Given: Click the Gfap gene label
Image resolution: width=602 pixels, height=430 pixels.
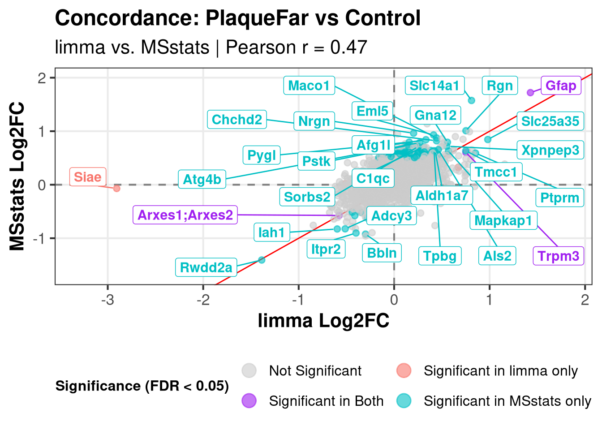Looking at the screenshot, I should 560,85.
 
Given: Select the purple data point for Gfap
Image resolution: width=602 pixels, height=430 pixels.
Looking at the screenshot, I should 530,92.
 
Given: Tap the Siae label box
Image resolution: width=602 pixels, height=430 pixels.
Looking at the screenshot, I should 88,177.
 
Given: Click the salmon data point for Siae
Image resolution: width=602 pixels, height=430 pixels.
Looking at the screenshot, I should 116,188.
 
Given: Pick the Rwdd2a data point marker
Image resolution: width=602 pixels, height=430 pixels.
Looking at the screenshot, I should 262,260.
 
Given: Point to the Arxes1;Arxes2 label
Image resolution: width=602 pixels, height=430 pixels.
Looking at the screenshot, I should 185,215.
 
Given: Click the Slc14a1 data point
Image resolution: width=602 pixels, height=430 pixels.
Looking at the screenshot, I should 471,100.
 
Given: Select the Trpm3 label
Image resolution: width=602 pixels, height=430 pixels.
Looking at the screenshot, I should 558,256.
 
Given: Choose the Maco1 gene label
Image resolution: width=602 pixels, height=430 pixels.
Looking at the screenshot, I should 309,85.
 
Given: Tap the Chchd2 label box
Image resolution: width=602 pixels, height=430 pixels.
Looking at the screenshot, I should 236,120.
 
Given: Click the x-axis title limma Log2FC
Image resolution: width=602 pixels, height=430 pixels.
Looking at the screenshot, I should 323,321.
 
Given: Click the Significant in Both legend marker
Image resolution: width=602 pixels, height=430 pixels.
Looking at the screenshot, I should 249,400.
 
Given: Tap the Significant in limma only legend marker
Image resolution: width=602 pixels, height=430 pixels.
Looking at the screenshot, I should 404,370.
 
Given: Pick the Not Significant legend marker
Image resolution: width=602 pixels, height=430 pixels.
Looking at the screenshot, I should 249,370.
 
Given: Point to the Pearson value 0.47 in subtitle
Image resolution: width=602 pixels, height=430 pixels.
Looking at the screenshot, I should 348,47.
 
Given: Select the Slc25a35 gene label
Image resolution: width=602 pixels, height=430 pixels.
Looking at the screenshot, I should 550,121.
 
